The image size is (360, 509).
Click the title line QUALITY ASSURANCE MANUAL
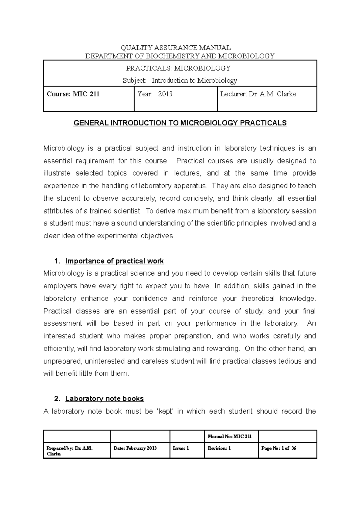(x=176, y=48)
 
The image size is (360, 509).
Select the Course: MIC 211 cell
(x=73, y=94)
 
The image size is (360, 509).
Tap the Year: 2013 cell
(x=155, y=94)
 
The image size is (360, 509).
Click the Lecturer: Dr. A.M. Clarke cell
(x=258, y=94)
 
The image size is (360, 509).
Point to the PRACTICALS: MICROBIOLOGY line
(x=178, y=68)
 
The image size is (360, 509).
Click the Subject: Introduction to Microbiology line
(x=180, y=81)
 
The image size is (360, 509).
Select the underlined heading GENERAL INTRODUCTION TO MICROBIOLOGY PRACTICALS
(x=180, y=123)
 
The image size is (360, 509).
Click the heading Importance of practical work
(x=114, y=261)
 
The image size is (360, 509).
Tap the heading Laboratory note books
(x=104, y=399)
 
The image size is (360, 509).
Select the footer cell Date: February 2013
(x=135, y=448)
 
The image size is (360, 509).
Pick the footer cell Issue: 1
(x=181, y=448)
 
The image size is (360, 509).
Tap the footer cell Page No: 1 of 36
(x=279, y=448)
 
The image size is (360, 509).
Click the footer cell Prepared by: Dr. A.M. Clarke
(x=70, y=451)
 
